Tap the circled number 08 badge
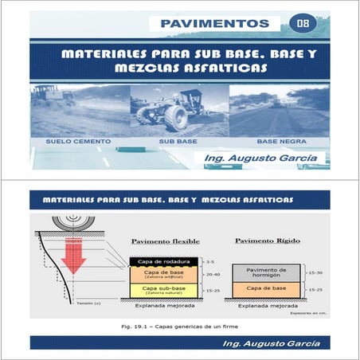click(303, 23)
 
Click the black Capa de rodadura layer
click(163, 261)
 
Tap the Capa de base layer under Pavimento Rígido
click(266, 288)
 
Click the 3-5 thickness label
click(210, 261)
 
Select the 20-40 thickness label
click(212, 274)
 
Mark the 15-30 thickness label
click(315, 273)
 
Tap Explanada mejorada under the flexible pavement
click(163, 304)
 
